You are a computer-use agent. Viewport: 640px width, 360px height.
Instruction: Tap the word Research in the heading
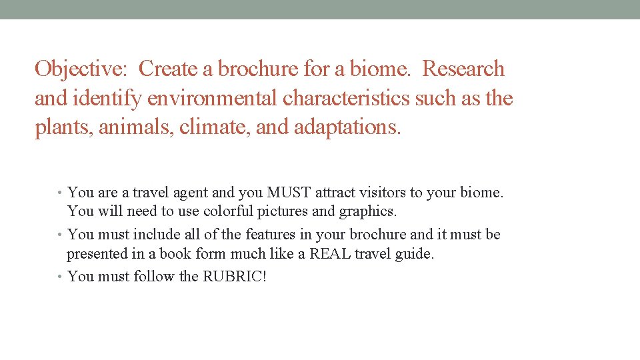(464, 69)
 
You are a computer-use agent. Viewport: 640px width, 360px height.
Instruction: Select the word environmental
(213, 99)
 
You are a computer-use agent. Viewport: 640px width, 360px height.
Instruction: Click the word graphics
(367, 212)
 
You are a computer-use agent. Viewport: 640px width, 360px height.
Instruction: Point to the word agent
(189, 193)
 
